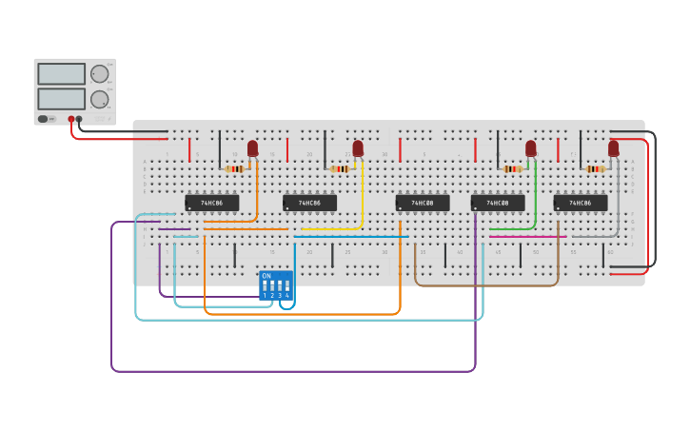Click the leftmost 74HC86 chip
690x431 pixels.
tap(211, 203)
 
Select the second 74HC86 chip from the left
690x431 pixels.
tap(309, 203)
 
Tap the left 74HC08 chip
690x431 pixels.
tap(422, 203)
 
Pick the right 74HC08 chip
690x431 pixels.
tap(497, 203)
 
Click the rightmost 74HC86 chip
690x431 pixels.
tap(580, 203)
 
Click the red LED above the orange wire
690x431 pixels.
tap(252, 147)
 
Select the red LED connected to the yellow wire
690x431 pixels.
tap(358, 147)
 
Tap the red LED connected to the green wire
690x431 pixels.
tap(531, 147)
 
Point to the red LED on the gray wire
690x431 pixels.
tap(613, 147)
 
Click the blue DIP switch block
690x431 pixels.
tap(276, 285)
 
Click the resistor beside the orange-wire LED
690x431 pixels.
tap(234, 169)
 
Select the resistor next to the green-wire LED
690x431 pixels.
tap(513, 169)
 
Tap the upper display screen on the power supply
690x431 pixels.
tap(61, 74)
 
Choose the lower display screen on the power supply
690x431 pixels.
tap(61, 99)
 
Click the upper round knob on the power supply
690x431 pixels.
tap(99, 74)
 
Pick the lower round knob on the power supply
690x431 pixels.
tap(99, 99)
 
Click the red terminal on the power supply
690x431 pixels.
tap(70, 119)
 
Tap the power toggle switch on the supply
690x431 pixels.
tap(44, 119)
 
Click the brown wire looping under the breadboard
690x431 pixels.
tap(485, 284)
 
